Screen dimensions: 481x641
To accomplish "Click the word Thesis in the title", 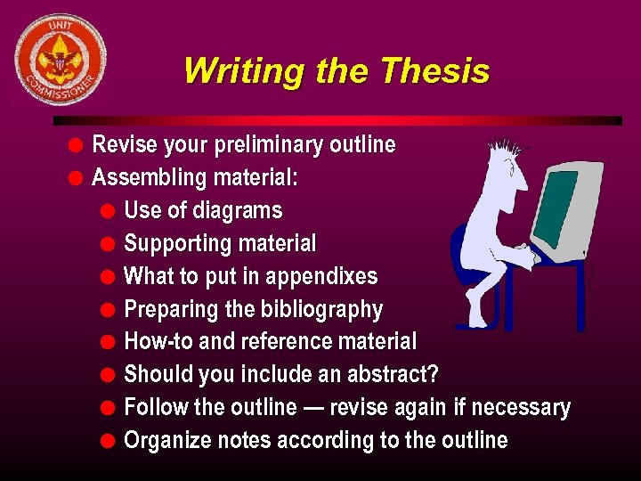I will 434,70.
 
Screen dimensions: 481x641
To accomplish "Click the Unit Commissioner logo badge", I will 61,60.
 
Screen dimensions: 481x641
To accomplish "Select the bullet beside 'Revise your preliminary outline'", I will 77,145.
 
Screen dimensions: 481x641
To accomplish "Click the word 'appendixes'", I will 323,277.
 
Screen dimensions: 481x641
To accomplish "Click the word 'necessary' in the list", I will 521,408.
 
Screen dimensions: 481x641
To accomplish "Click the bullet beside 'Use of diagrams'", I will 108,212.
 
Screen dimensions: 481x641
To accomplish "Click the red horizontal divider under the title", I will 338,120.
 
